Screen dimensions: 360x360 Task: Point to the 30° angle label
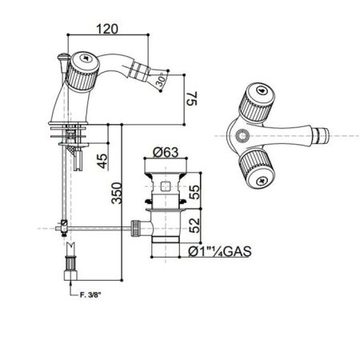click(x=162, y=82)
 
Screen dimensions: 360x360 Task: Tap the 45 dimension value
click(x=101, y=161)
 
